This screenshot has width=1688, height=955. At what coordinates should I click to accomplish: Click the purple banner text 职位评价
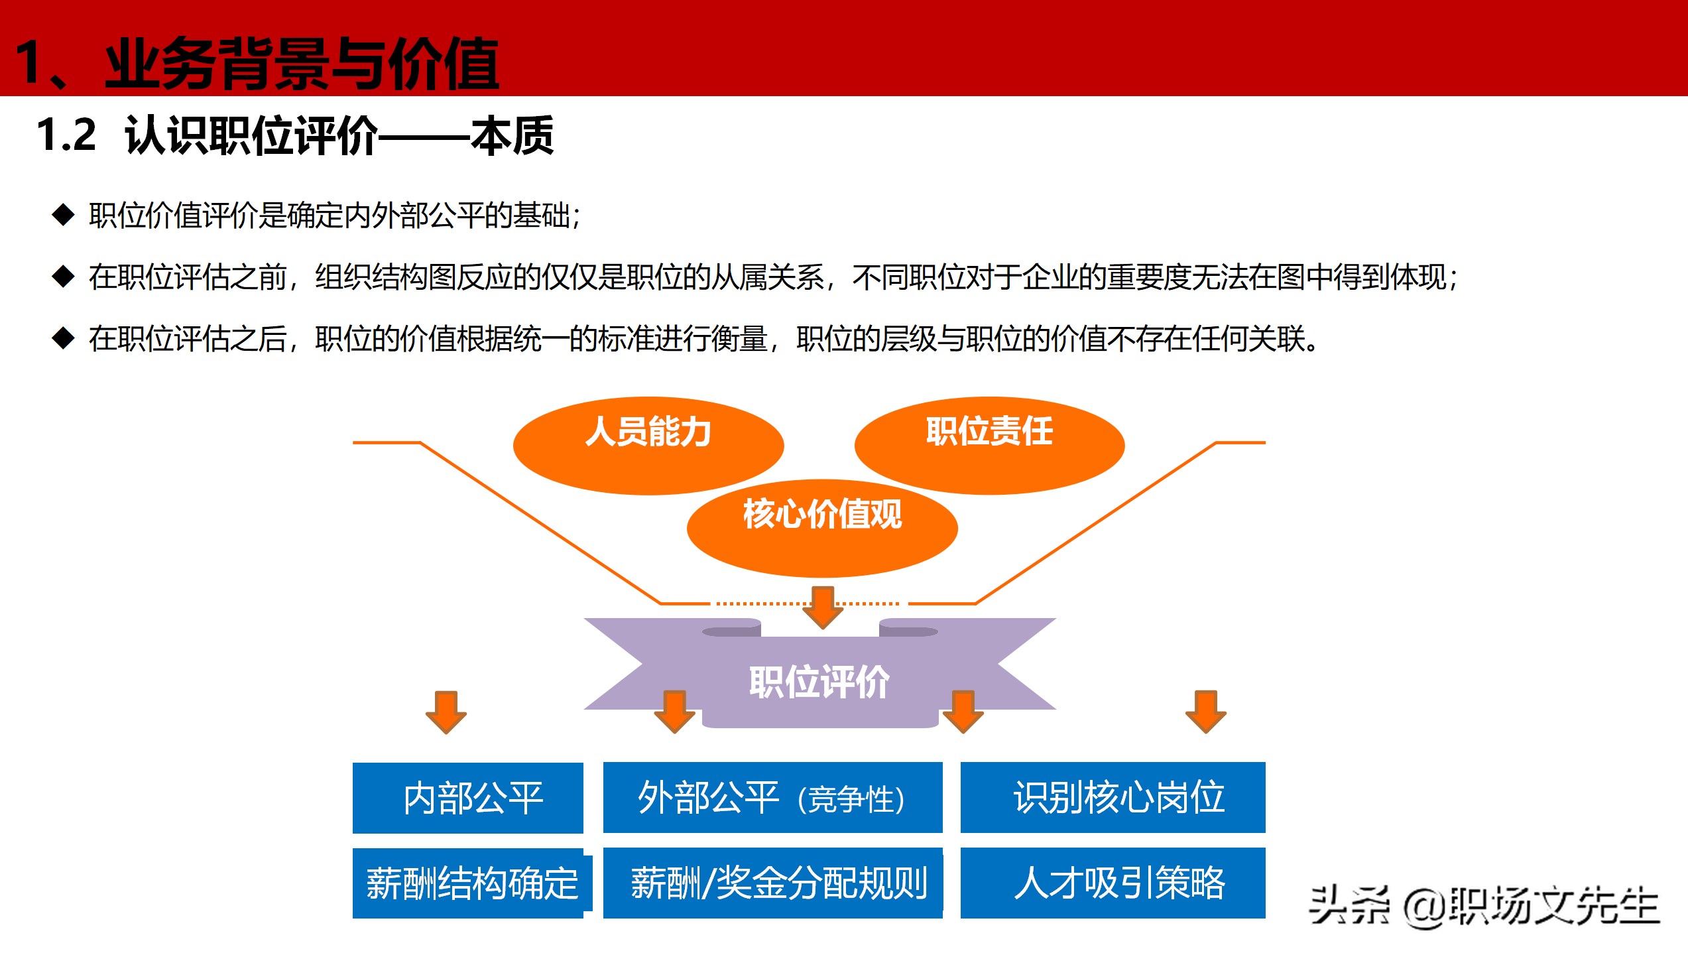819,682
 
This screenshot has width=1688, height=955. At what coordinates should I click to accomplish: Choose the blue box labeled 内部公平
467,798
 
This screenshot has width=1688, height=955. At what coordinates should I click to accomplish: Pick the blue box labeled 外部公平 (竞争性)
772,798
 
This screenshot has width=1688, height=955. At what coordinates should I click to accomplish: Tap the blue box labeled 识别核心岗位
1113,798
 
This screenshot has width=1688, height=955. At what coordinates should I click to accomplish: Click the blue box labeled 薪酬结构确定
467,883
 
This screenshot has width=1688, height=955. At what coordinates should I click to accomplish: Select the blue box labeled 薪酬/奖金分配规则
772,883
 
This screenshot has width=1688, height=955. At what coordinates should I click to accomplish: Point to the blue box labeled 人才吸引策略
1113,883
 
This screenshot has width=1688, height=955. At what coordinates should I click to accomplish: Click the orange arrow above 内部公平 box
446,712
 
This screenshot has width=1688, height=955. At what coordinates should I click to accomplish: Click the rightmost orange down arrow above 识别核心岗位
1206,712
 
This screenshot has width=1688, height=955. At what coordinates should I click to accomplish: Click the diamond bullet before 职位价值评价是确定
63,215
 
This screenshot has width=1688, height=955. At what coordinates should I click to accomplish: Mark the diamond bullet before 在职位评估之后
63,338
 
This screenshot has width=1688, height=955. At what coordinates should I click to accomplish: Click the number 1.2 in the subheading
66,135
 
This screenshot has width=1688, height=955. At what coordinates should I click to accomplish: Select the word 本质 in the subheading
512,136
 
